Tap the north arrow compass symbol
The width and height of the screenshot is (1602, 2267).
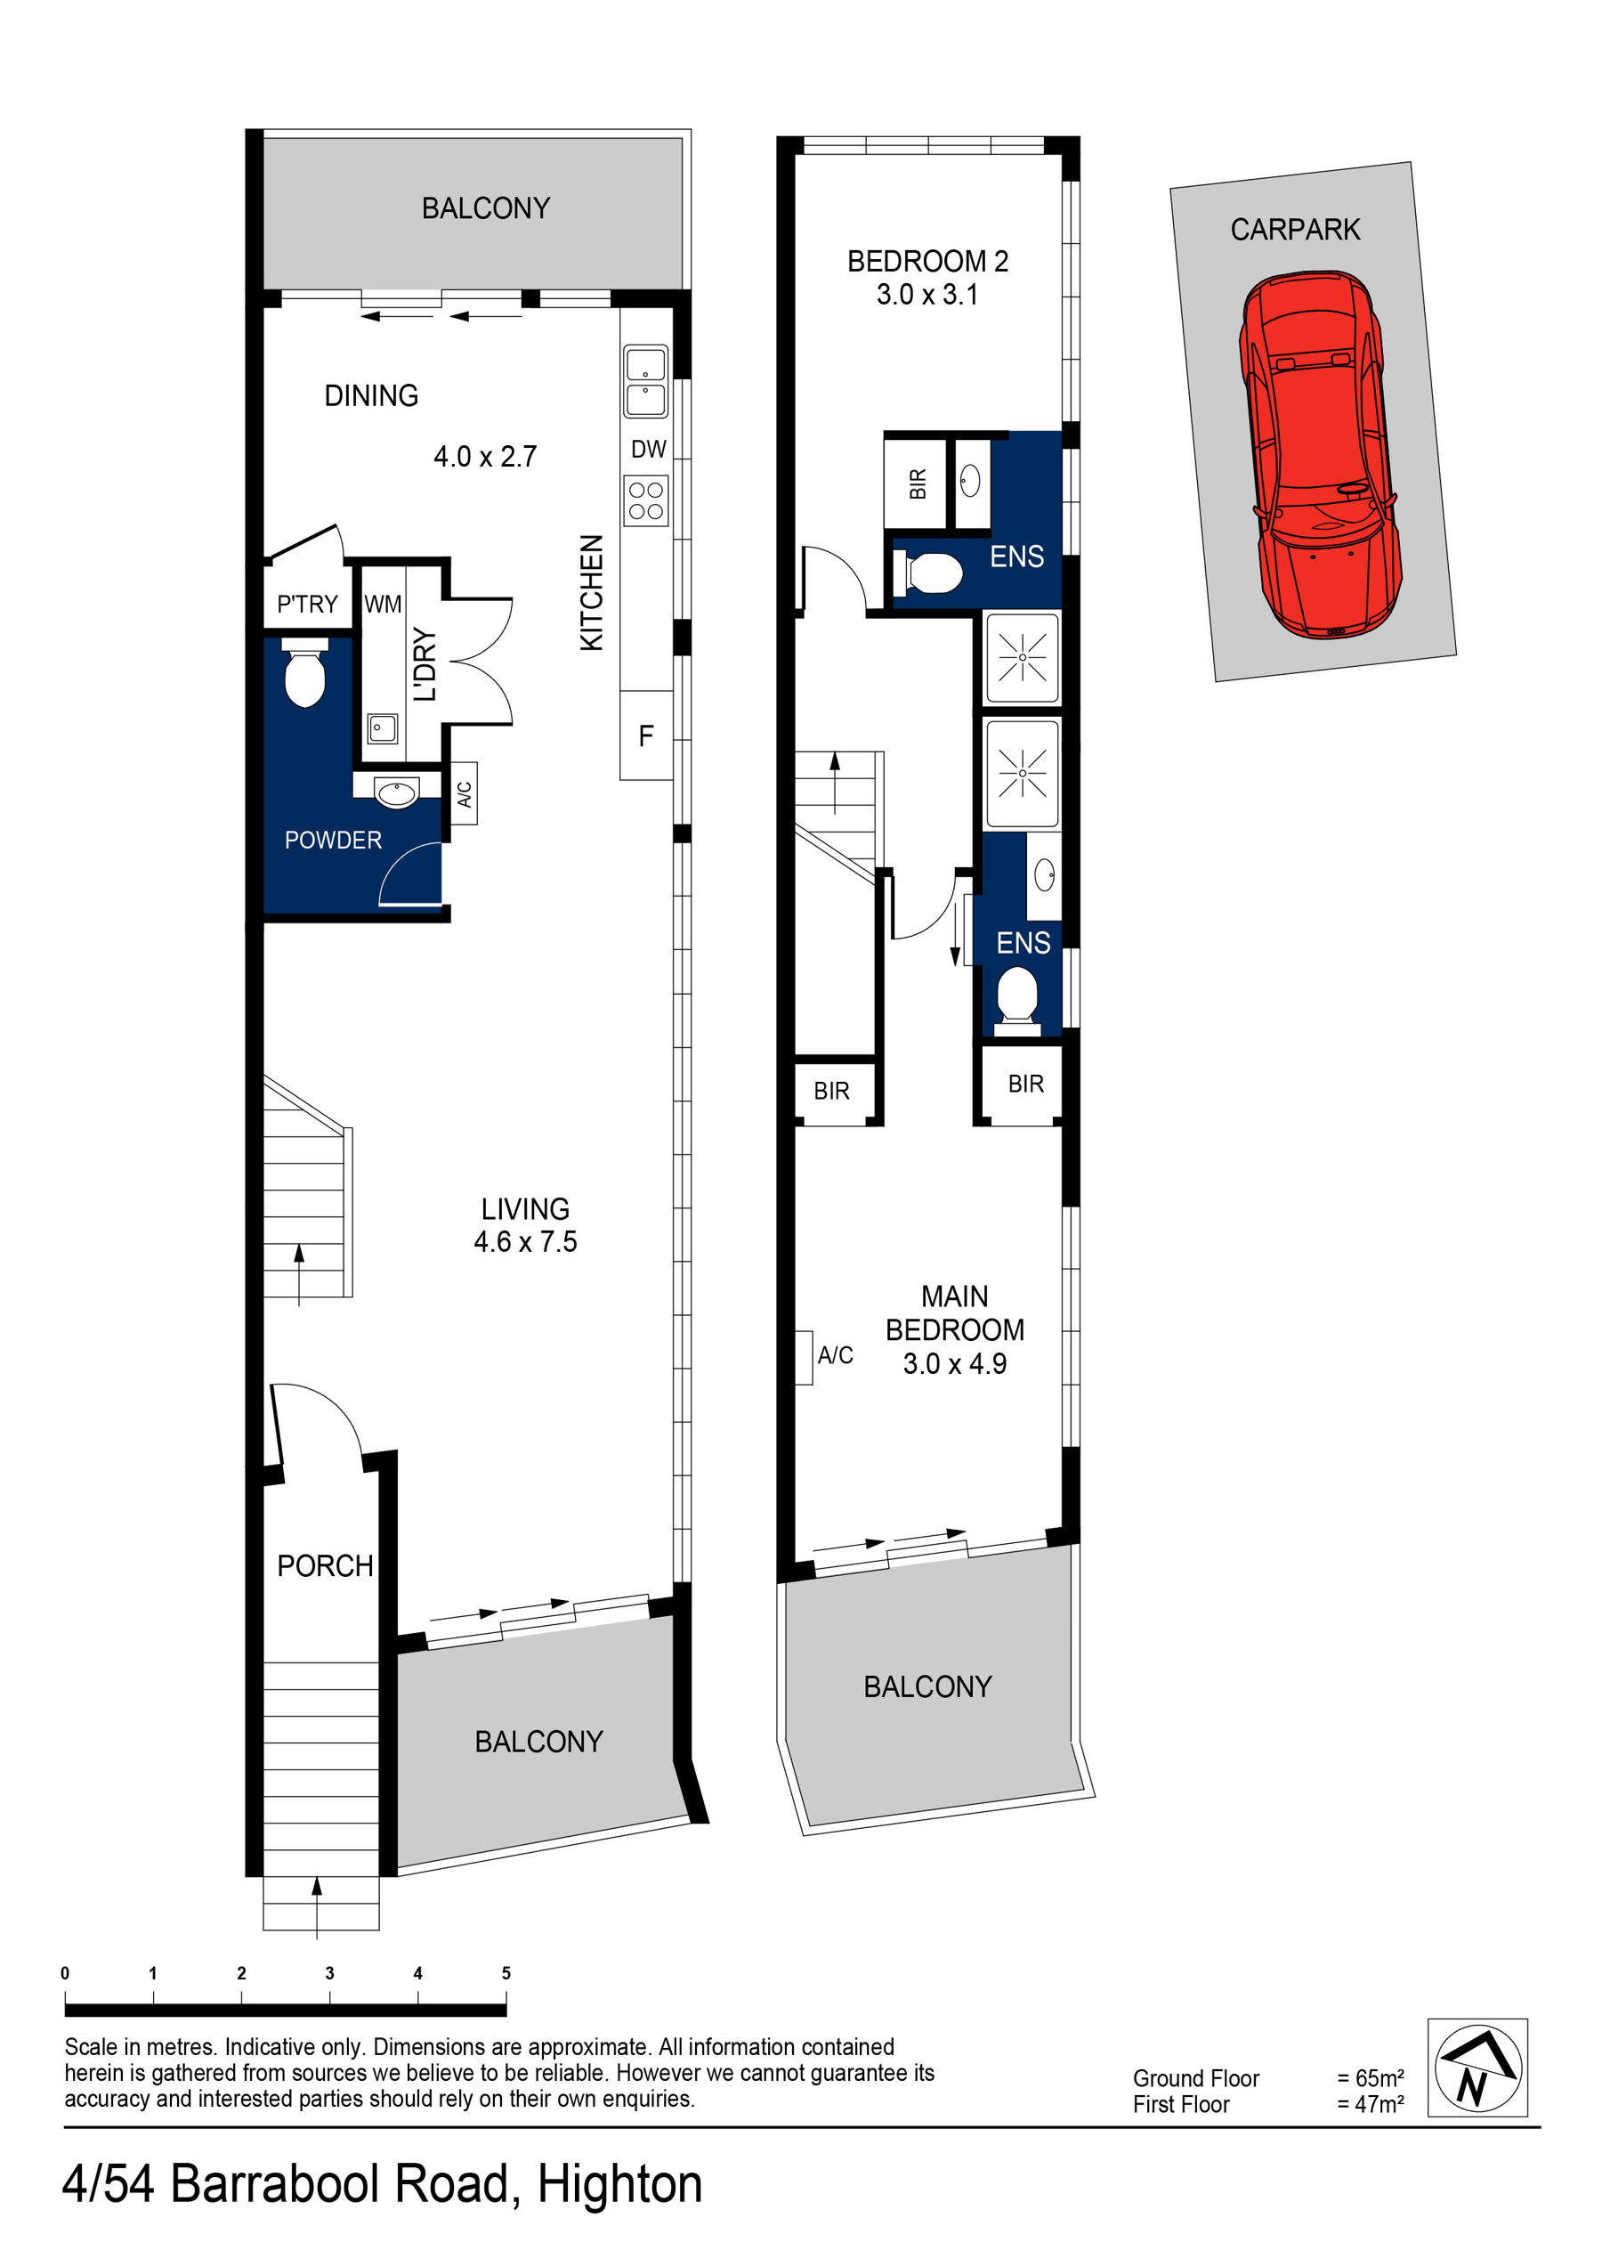coord(1477,2067)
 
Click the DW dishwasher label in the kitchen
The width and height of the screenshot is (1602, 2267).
coord(649,450)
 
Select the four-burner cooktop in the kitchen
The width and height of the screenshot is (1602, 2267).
coord(645,500)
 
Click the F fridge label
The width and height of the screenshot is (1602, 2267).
coord(645,735)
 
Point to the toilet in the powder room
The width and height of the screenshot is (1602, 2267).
coord(305,672)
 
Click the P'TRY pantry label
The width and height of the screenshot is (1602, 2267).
coord(307,604)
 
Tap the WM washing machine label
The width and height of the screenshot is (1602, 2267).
coord(383,604)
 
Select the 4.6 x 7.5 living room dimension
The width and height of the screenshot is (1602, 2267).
coord(525,1241)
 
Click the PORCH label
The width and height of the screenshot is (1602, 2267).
coord(325,1565)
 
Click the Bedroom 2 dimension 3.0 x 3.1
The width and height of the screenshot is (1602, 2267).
coord(926,294)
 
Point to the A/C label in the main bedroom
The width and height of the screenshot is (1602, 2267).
coord(835,1355)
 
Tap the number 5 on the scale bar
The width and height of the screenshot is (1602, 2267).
coord(506,1973)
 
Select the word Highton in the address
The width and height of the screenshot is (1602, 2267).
coord(619,2183)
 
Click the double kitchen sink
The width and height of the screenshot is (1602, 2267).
coord(645,381)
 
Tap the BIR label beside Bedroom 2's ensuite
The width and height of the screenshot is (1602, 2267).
coord(918,483)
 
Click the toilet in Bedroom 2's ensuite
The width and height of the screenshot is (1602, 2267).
coord(929,573)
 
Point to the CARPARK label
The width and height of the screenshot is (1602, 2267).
coord(1295,229)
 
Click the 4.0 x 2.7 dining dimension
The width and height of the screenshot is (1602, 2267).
coord(485,456)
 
